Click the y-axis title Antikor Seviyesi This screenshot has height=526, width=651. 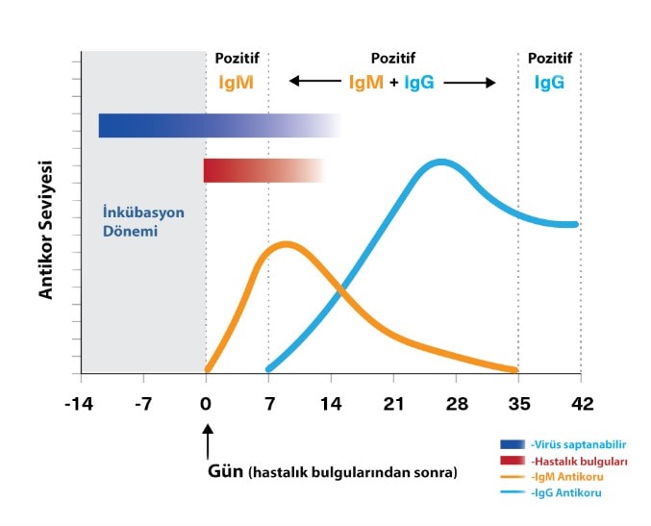tap(45, 229)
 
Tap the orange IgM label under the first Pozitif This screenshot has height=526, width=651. tap(236, 83)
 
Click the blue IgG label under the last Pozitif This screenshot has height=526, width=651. tap(549, 83)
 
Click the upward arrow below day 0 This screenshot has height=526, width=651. tap(206, 445)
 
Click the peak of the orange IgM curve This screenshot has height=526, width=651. tap(285, 244)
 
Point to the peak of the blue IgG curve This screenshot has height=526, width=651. tap(440, 163)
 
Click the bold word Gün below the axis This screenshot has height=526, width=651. tap(226, 472)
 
